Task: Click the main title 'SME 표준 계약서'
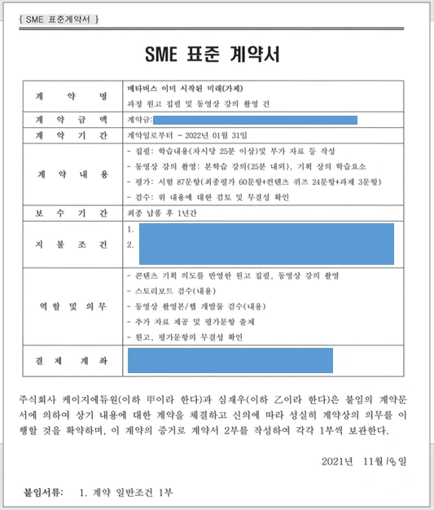217,55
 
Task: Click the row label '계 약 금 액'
72,120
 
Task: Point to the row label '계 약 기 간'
72,135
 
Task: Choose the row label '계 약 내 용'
72,174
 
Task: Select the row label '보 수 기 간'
72,213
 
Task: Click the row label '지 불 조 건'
72,244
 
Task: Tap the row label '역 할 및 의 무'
72,306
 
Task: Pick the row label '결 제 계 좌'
72,359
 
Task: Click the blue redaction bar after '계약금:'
260,121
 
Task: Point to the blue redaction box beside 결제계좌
230,359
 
